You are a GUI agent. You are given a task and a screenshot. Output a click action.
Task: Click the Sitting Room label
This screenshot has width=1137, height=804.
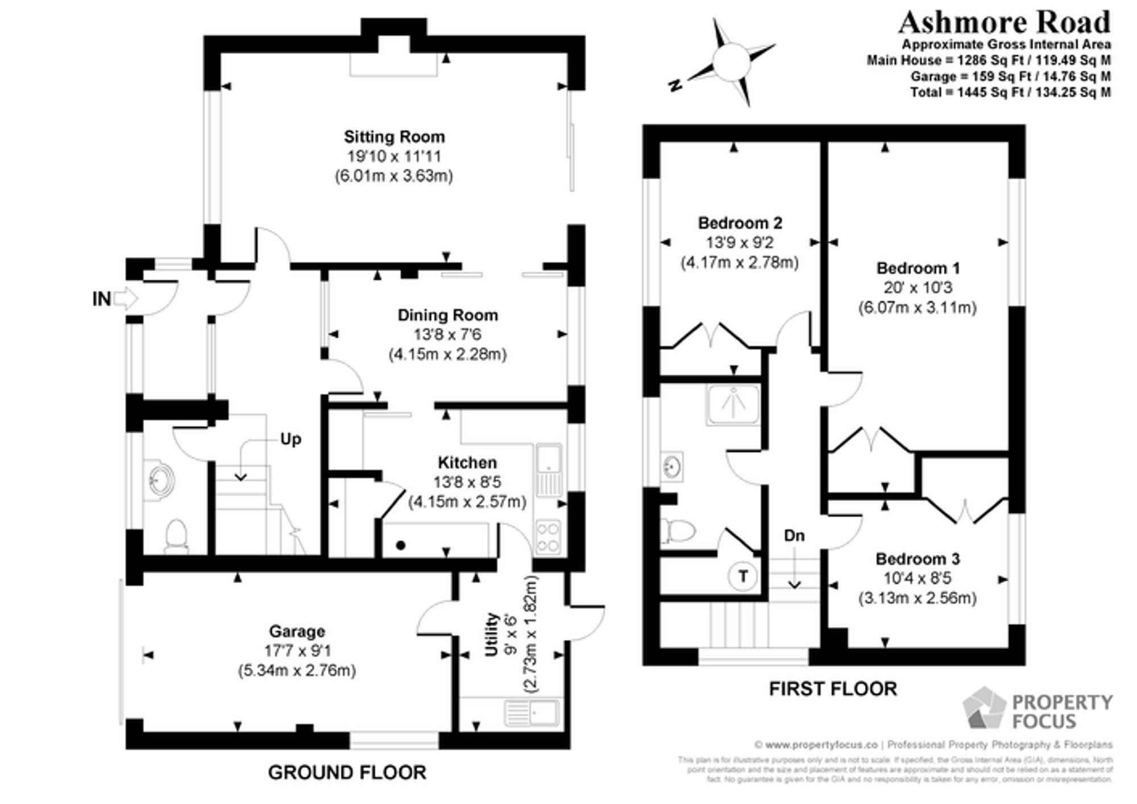point(394,137)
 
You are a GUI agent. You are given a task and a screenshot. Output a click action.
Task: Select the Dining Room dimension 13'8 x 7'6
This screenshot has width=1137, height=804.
point(447,334)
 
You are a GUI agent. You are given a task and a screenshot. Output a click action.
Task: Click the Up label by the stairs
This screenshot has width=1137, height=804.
point(291,440)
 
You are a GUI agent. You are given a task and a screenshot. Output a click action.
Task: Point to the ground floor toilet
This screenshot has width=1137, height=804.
point(177,534)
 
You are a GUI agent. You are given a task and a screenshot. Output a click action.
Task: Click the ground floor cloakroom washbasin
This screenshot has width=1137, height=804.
point(161,479)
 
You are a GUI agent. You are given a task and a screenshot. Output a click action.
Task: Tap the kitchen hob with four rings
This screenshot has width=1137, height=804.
point(548,537)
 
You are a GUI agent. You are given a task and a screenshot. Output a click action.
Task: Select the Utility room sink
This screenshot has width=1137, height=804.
point(532,713)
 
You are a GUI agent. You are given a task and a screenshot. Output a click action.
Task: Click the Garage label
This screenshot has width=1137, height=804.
point(297,632)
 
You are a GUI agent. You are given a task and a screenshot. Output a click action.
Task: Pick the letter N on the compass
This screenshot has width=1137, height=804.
point(675,86)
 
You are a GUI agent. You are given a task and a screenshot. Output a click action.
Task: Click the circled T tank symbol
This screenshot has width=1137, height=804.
point(742,576)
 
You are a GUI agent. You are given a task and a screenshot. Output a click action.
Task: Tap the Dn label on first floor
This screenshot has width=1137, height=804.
point(794,536)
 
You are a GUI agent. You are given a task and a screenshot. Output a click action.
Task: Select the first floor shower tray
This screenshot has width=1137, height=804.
point(733,404)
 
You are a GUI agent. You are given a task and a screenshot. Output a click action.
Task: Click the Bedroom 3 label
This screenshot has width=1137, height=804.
point(918,559)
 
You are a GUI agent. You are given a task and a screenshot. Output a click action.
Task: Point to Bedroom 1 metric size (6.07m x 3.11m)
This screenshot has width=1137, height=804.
point(917,308)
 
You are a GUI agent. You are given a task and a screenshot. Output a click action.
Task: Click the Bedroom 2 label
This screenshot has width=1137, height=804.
point(740,223)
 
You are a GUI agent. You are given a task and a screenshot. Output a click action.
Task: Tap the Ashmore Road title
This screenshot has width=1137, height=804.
point(1004,23)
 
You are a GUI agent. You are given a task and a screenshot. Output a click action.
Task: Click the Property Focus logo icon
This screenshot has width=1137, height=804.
point(984,708)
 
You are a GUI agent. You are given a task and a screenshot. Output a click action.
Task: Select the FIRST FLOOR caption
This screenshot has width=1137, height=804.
point(833,689)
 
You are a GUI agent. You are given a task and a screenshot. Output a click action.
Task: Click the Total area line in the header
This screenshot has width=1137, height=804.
point(1010,92)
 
